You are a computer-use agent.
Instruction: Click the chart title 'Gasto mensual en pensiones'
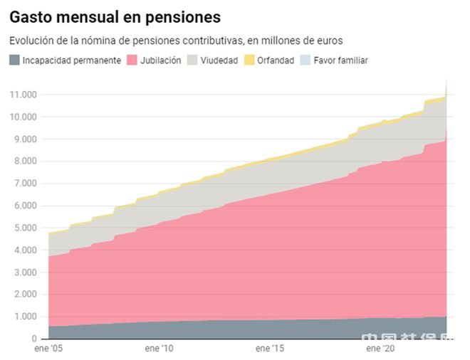click(115, 17)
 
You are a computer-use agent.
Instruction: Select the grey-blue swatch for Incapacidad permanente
click(14, 60)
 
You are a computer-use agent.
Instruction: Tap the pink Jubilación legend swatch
click(132, 60)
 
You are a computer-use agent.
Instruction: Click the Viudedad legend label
click(219, 60)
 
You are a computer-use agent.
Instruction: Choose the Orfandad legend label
click(276, 60)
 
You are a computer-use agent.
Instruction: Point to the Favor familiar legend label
click(340, 60)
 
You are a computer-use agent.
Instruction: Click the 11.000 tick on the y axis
click(23, 95)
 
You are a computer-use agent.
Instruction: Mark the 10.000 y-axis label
click(23, 117)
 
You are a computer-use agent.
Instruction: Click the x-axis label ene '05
click(48, 349)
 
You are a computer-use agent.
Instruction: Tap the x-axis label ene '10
click(160, 349)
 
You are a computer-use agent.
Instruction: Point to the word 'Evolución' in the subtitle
click(30, 41)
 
